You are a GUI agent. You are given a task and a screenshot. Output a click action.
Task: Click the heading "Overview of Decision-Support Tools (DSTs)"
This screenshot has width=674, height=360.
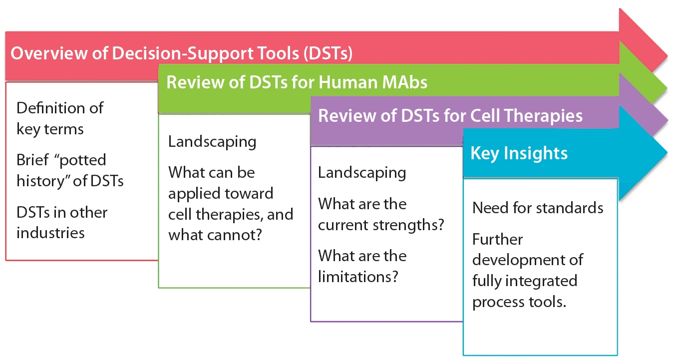(182, 54)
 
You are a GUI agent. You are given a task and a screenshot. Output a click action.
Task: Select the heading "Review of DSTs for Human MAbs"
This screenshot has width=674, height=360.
(297, 82)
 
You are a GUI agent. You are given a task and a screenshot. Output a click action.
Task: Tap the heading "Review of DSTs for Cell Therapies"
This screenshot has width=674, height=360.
(450, 116)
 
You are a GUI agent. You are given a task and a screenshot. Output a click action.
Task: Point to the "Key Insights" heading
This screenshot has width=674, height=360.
(519, 153)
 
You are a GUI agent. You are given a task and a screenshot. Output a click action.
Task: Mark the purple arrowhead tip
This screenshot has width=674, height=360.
(667, 120)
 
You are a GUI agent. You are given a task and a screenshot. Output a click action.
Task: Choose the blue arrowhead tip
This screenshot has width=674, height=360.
(667, 152)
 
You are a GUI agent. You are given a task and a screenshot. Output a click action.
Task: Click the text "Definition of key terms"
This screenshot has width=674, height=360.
(60, 118)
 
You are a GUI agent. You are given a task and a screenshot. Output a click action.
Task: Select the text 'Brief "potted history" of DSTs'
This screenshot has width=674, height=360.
(70, 170)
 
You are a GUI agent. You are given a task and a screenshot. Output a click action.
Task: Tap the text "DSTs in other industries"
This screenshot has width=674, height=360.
(62, 222)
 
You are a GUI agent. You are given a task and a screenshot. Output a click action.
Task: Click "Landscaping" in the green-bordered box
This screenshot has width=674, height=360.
(212, 141)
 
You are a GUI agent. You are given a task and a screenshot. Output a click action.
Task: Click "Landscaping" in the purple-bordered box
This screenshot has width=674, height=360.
(362, 173)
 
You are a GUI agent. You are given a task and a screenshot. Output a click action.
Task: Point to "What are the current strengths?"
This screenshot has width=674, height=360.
(381, 214)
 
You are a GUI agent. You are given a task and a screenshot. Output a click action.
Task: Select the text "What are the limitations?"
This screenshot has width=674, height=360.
(362, 266)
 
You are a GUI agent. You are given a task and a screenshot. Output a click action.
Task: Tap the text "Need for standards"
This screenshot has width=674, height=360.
(538, 207)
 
